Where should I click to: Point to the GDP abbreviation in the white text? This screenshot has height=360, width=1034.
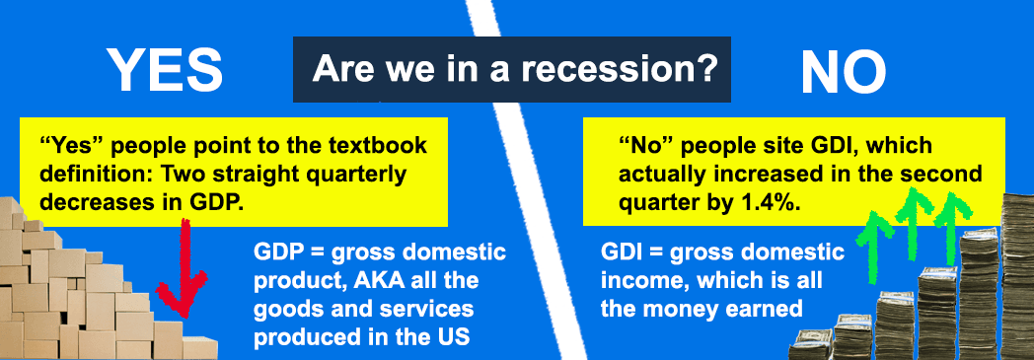click(x=275, y=252)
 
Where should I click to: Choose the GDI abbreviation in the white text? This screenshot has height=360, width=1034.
click(x=622, y=252)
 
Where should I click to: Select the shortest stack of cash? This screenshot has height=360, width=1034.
click(x=810, y=345)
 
